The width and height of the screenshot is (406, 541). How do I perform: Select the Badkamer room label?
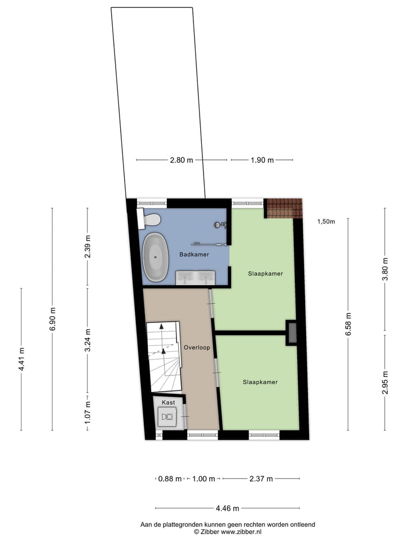point(195,255)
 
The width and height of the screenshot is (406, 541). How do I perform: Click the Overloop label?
point(197,348)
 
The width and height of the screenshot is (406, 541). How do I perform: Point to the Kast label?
point(168,402)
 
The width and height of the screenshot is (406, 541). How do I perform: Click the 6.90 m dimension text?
point(53,319)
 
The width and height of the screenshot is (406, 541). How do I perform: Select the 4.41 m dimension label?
point(21,358)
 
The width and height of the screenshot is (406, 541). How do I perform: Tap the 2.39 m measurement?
point(87,247)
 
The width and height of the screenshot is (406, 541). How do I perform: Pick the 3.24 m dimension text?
point(87,340)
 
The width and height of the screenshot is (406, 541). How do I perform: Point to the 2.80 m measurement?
point(182,160)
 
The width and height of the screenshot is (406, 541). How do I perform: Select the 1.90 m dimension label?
point(262,160)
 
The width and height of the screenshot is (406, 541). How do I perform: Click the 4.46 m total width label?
point(227,508)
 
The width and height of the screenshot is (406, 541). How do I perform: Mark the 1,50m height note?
point(326,221)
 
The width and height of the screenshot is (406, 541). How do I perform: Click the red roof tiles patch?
point(284,208)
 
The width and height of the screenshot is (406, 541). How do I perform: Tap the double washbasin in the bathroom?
point(195,276)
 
